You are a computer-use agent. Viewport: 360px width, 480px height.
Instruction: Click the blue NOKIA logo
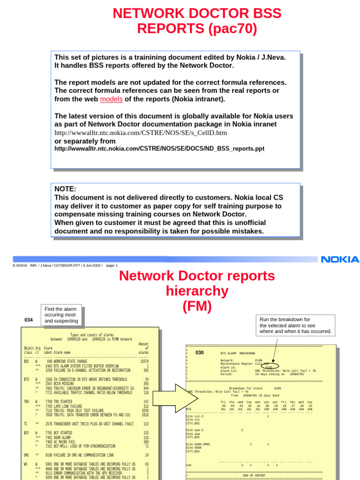(x=339, y=259)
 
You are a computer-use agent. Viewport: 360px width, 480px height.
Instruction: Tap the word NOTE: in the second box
(x=65, y=189)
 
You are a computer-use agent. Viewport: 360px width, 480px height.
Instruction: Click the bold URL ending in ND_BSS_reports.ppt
(x=159, y=149)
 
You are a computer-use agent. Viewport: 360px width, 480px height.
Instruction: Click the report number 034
(x=29, y=320)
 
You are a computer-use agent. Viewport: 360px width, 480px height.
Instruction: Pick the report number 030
(x=200, y=352)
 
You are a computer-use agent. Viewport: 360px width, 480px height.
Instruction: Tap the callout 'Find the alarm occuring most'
(x=61, y=315)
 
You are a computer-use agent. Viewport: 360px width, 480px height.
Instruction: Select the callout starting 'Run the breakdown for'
(x=295, y=325)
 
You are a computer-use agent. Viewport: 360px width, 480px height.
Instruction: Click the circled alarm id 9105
(x=269, y=367)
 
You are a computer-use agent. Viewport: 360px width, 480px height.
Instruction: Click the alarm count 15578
(x=144, y=361)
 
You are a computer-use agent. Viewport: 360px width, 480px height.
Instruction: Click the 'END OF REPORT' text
(x=254, y=475)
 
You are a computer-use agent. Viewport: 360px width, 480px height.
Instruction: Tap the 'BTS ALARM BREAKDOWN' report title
(x=238, y=353)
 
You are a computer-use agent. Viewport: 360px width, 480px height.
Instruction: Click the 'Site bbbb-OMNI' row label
(x=198, y=444)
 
